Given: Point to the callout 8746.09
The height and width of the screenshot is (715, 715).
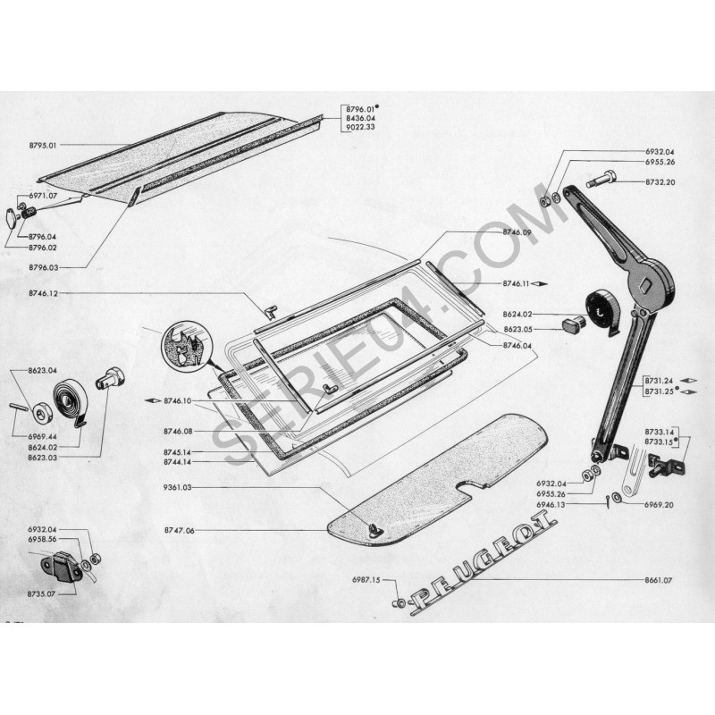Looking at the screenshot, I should [517, 232].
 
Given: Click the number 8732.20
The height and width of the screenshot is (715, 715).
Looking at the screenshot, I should [658, 182].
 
